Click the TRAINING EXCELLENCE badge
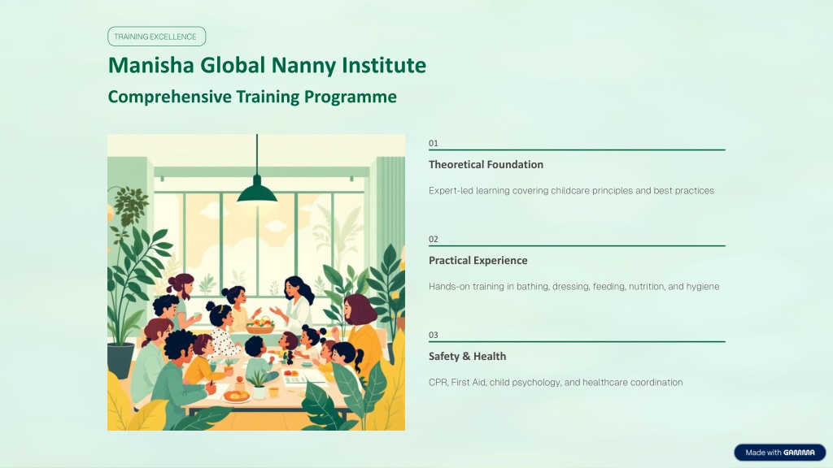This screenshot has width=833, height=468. point(156,37)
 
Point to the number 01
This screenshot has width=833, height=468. point(434,143)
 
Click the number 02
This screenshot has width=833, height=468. point(434,240)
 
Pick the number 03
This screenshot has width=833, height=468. point(434,336)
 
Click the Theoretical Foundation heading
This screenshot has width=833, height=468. point(486,164)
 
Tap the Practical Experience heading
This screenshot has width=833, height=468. point(478,261)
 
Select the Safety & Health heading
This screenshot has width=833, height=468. point(468,357)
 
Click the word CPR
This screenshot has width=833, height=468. point(438,383)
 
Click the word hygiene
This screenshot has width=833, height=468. point(703,287)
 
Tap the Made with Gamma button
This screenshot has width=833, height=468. point(780,453)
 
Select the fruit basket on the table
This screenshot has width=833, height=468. point(259,325)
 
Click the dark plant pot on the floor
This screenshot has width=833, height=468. point(121,360)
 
